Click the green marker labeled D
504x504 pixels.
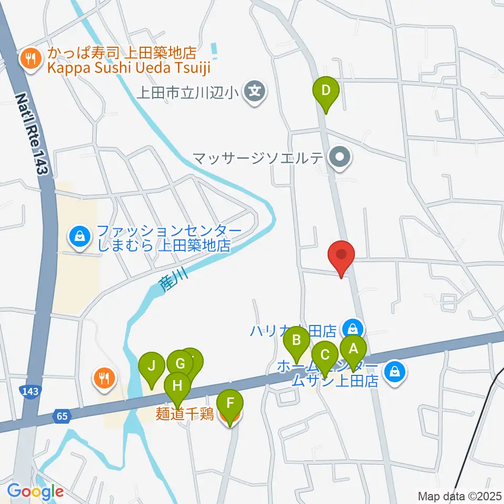pos(326,91)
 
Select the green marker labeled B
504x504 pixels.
pos(297,340)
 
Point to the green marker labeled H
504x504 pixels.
pos(178,387)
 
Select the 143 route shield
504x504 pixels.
pos(28,391)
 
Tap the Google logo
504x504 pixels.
pos(35,492)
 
